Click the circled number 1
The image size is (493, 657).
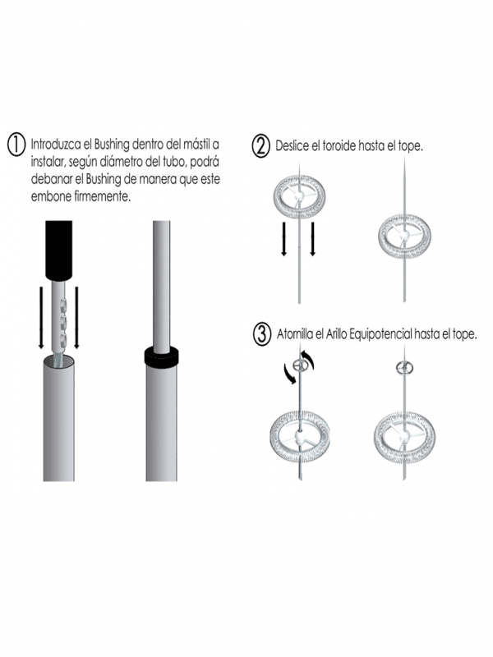click(16, 145)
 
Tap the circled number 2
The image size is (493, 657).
click(260, 147)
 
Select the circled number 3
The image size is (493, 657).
click(262, 334)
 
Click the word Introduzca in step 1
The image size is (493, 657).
click(56, 145)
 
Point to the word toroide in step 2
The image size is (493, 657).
click(339, 146)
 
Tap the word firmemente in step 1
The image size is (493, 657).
click(102, 196)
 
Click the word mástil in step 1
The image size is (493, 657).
click(197, 145)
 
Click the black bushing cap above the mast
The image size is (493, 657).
click(58, 250)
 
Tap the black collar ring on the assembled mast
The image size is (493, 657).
click(161, 356)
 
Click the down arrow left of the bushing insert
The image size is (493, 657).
click(41, 317)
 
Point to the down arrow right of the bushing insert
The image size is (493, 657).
click(76, 317)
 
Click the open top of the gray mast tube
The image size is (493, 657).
click(58, 361)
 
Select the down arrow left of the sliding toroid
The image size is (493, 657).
click(283, 238)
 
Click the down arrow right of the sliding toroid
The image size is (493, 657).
click(312, 238)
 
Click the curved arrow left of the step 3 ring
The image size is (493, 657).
click(290, 374)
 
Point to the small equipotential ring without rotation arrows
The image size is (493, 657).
click(404, 368)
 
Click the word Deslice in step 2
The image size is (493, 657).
click(293, 146)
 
